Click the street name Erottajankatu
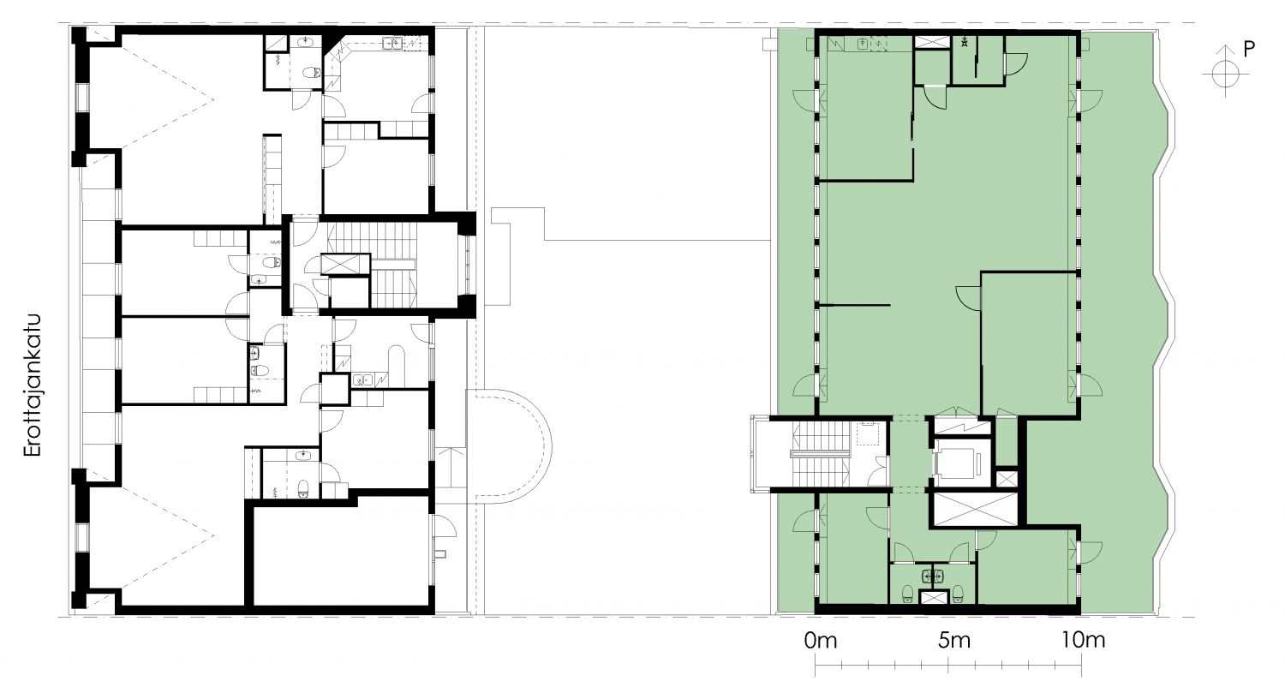[33, 385]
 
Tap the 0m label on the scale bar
[821, 640]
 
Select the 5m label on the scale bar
[954, 640]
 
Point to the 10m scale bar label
[1083, 640]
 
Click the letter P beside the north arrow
[1249, 50]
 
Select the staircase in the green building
[821, 454]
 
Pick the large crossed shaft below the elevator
[975, 508]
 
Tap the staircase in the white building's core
[376, 265]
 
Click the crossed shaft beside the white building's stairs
[344, 265]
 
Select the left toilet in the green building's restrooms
[907, 593]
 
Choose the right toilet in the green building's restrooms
[958, 593]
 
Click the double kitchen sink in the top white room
[392, 43]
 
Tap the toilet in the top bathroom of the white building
[312, 74]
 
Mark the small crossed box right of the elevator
[1007, 479]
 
